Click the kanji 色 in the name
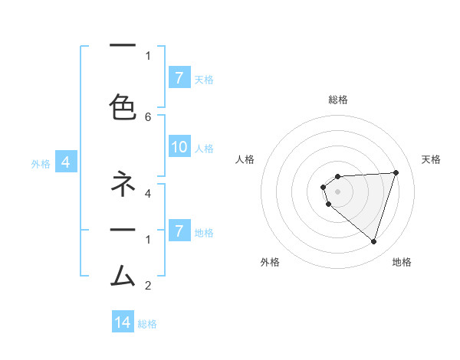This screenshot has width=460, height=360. point(123,106)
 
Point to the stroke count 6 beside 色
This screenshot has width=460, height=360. point(148,116)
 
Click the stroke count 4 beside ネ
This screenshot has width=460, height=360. point(148,193)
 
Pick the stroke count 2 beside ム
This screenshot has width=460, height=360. point(148,286)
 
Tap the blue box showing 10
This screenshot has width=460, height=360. point(179,148)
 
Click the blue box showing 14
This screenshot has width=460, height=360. point(123,322)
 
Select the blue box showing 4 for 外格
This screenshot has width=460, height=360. point(66,162)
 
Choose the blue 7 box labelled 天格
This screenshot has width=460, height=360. point(179,78)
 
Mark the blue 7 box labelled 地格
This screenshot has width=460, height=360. point(179,231)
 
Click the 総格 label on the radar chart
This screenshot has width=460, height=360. point(338,100)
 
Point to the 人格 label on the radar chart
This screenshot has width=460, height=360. point(245,159)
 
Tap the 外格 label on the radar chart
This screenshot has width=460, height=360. point(270,262)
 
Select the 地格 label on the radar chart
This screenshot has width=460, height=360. point(402,262)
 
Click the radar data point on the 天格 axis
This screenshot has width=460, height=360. point(396,172)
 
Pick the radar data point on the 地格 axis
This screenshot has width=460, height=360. point(373,241)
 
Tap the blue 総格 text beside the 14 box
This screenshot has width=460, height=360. point(147,323)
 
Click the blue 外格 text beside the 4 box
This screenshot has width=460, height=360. point(41,163)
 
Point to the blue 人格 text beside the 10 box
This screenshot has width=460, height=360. point(204,149)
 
